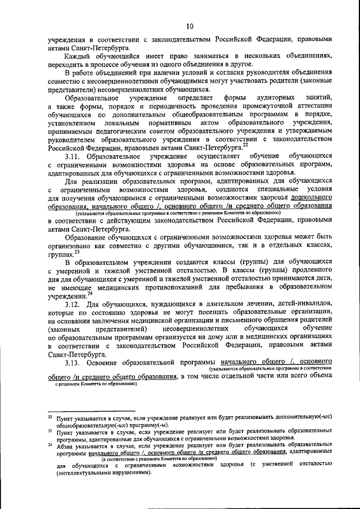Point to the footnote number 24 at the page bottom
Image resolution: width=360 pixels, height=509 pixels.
coord(50,444)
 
